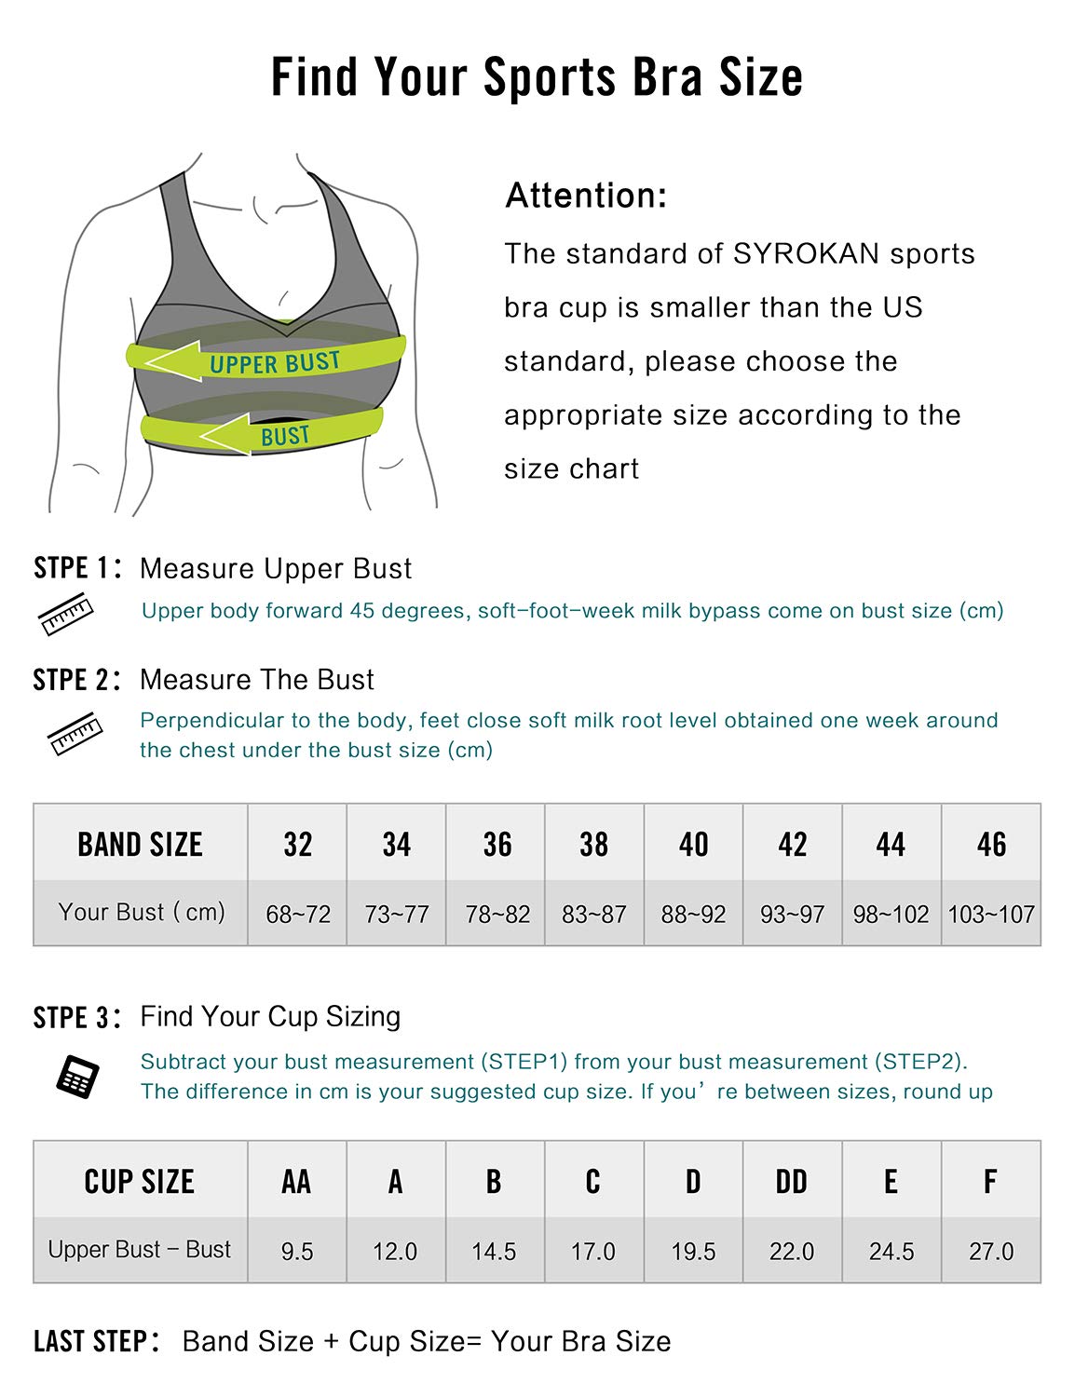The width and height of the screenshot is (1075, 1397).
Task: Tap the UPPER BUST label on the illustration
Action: coord(274,362)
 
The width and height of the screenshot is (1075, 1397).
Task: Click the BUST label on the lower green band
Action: coord(284,436)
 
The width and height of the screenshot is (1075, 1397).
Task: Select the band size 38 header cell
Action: coord(593,844)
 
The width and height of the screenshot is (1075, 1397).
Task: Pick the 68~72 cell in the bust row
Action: coord(298,914)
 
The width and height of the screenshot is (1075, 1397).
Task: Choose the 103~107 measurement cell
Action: coord(991,914)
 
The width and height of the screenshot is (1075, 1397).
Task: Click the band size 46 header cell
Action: coord(991,844)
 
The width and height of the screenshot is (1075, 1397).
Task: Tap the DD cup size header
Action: coord(792,1181)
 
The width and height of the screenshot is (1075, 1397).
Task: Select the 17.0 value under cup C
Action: coord(593,1251)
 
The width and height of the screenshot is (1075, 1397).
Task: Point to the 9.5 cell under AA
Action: coord(297,1251)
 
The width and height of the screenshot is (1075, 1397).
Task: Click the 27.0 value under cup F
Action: coord(991,1251)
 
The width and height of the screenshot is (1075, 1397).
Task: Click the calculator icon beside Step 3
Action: coord(77,1077)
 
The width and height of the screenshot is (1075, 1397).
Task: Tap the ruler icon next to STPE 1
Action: coord(66,615)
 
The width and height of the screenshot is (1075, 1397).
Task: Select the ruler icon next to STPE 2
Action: coord(75,733)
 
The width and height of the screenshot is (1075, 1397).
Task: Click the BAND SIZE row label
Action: coord(140,844)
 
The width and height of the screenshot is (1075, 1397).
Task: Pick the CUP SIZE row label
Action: coord(140,1181)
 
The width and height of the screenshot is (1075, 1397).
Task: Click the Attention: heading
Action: coord(586,196)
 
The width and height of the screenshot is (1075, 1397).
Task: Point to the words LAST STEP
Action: coord(91,1341)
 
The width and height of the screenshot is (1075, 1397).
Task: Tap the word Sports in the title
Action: coord(550,76)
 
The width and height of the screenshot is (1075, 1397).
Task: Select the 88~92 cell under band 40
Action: coord(693,914)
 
